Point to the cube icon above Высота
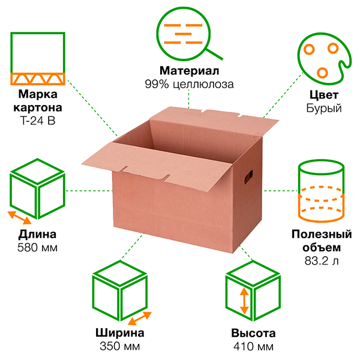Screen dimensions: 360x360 coord(252,294)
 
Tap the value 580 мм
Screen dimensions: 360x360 coord(38,247)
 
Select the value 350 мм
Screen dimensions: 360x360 coord(119,346)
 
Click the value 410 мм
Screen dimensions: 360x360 coord(253,346)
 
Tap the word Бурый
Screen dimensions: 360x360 coord(323,109)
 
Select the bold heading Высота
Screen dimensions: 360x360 coord(253,334)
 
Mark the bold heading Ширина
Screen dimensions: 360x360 coord(119,334)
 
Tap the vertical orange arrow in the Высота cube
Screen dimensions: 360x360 coord(244,301)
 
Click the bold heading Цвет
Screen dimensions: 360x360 coord(323,95)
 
